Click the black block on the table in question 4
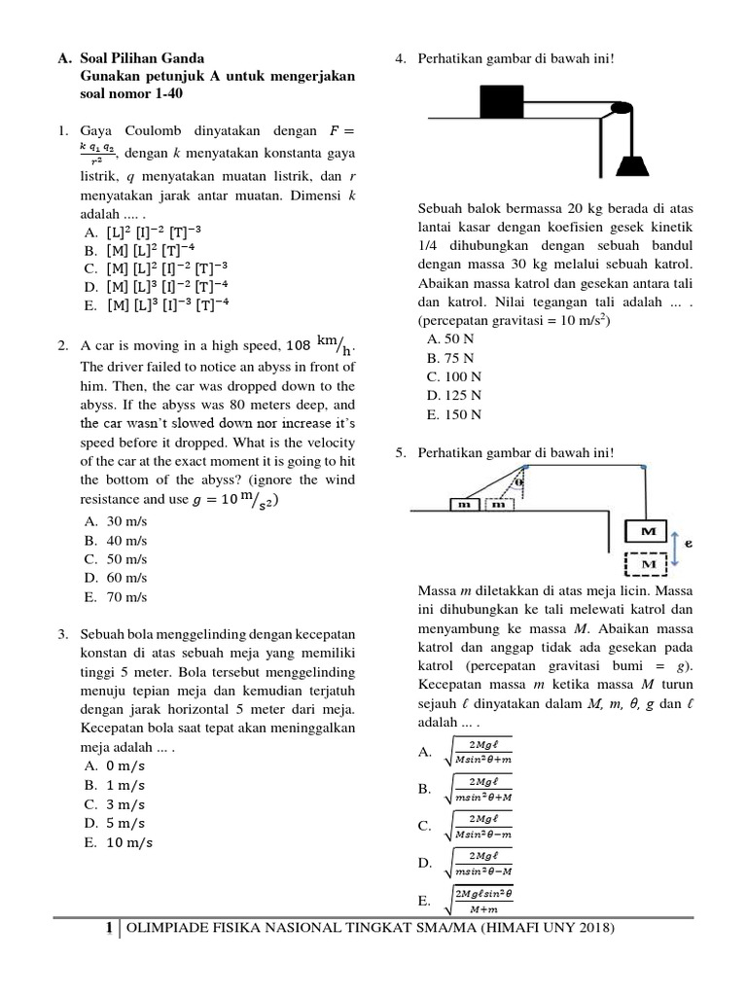[x=500, y=100]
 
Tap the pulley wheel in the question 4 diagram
[x=615, y=114]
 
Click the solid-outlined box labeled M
[x=643, y=531]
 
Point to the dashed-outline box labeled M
[x=643, y=563]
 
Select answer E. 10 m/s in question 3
[x=119, y=841]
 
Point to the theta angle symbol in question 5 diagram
[x=519, y=480]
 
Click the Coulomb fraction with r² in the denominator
[x=97, y=153]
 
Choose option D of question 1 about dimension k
[x=156, y=286]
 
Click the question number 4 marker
[x=400, y=57]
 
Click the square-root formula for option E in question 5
[x=482, y=900]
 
